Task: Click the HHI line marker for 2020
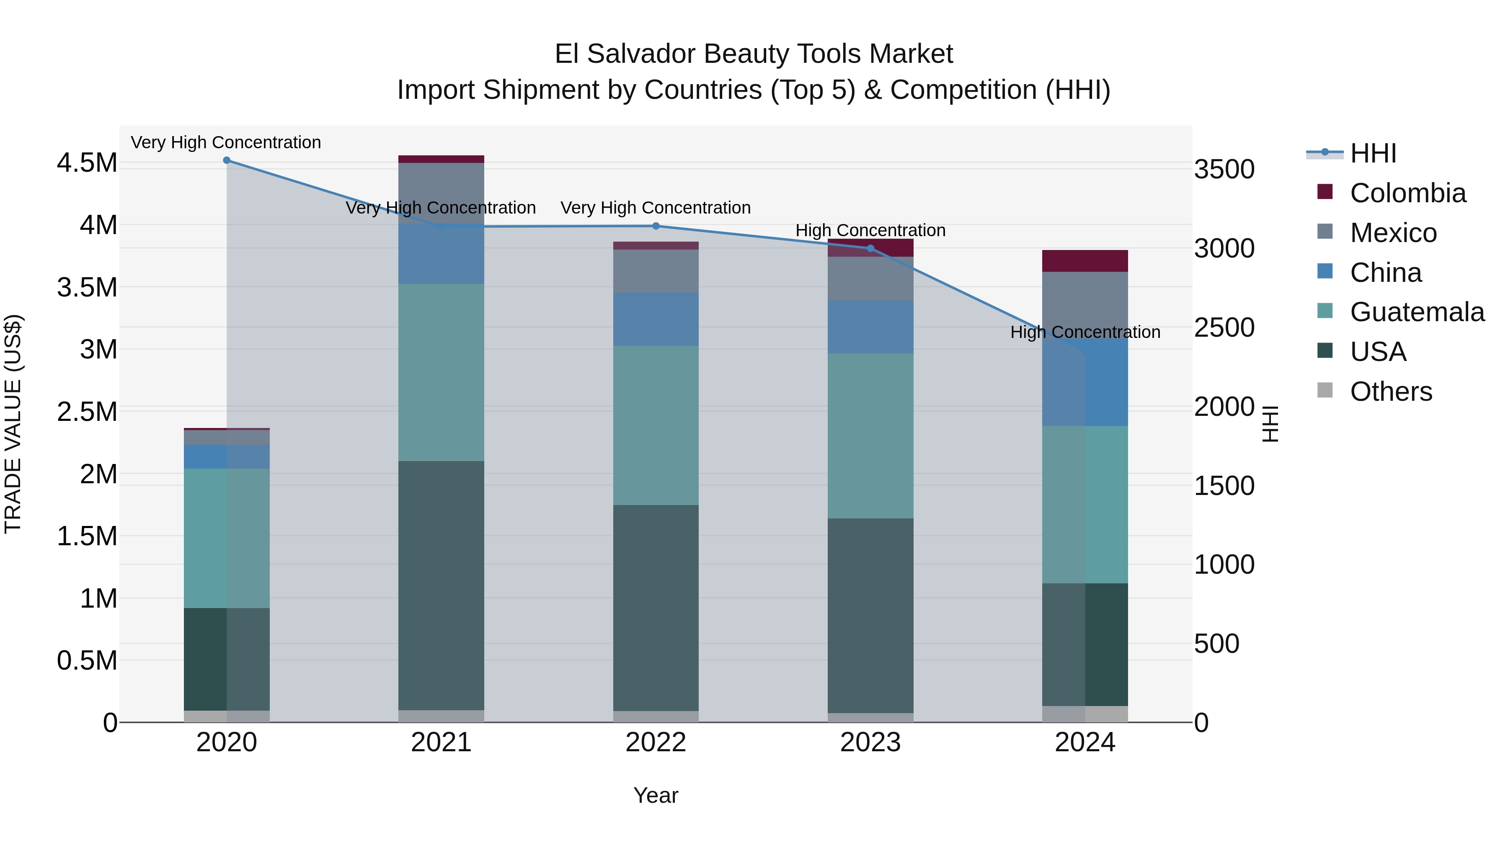tap(227, 160)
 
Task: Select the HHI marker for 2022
tap(656, 226)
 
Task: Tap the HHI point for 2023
tap(870, 248)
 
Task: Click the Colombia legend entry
tap(1407, 193)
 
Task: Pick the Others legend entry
tap(1391, 392)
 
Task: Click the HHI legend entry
tap(1373, 153)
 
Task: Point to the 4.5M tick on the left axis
tap(87, 163)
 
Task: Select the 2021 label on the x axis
tap(442, 742)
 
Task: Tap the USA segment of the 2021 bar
tap(442, 585)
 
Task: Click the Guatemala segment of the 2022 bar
tap(656, 425)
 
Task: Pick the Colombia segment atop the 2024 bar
tap(1085, 261)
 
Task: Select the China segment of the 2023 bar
tap(870, 327)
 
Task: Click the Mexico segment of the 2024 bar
tap(1085, 304)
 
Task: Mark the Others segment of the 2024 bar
tap(1085, 714)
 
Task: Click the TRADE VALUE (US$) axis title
tap(13, 424)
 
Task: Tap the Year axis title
tap(656, 795)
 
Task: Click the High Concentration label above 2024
tap(1085, 332)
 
